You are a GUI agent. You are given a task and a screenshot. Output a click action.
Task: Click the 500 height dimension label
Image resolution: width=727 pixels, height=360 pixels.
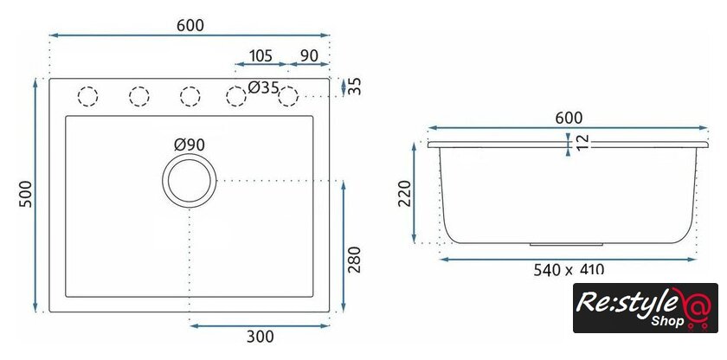click(26, 194)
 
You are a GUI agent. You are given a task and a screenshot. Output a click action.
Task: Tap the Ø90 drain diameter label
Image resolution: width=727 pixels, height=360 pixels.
click(190, 145)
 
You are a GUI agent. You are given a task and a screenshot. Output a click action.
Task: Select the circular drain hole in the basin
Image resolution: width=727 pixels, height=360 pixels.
click(190, 180)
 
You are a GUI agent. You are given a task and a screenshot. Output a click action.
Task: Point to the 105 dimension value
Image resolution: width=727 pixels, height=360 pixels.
click(261, 55)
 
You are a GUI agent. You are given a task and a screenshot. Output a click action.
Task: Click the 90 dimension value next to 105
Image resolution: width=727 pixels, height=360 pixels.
click(309, 55)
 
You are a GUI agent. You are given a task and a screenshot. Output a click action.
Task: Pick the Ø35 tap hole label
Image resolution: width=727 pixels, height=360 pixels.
click(263, 87)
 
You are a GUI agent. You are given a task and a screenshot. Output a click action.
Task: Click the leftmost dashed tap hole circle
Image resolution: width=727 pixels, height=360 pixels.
click(87, 96)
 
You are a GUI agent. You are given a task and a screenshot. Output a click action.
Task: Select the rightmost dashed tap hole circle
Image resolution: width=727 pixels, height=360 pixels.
click(288, 96)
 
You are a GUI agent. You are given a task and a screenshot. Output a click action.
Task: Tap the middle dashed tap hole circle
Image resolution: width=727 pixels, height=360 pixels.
click(190, 96)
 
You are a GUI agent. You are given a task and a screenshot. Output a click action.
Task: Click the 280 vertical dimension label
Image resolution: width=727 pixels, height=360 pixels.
click(354, 260)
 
